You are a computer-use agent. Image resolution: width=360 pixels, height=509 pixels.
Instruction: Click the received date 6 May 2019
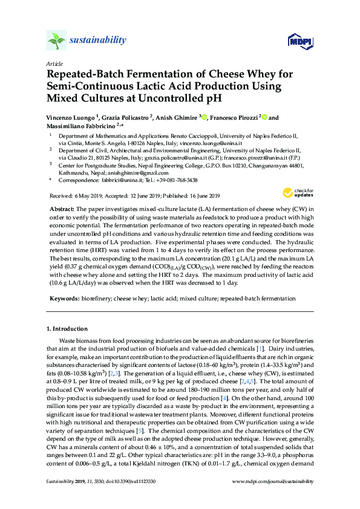[93, 196]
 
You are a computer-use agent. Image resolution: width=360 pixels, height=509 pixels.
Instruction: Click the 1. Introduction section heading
[67, 329]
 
